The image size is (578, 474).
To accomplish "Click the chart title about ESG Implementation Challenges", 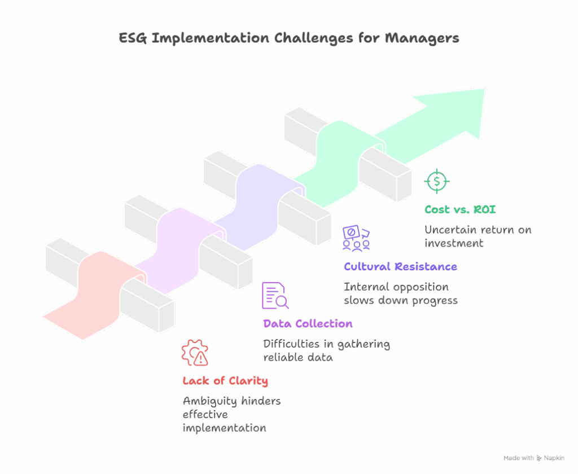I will [x=288, y=38].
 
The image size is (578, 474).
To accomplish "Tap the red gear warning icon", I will [x=195, y=353].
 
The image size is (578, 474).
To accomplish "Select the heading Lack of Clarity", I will [x=225, y=381].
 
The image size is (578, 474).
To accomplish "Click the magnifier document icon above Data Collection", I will [x=275, y=296].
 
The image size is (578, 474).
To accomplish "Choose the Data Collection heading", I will [x=308, y=323].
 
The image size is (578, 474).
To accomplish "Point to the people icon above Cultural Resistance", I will [x=356, y=238].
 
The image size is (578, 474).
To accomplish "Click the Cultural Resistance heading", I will [x=400, y=266].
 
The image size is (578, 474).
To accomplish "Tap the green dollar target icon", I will [x=437, y=181].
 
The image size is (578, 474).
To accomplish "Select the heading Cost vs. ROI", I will [x=460, y=209].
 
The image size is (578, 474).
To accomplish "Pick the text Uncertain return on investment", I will [x=478, y=236].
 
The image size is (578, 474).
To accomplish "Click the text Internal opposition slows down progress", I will [x=400, y=293].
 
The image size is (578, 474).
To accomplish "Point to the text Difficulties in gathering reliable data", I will [x=326, y=350].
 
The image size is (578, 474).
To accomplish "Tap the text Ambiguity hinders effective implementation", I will [x=231, y=414].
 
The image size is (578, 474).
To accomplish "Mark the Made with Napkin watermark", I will [x=533, y=458].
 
